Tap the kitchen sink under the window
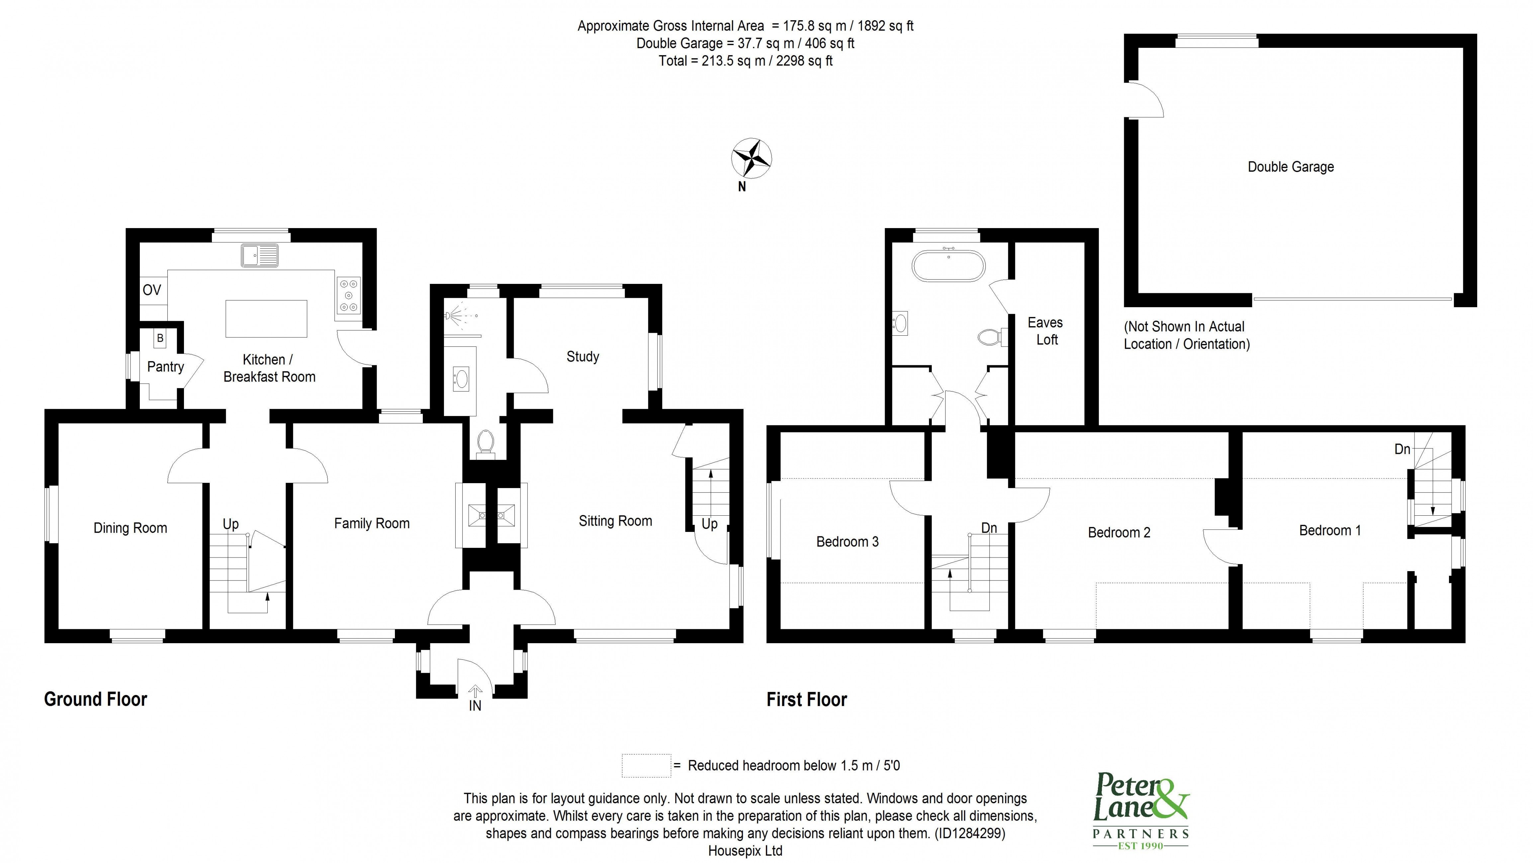click(x=259, y=255)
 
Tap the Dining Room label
click(x=130, y=528)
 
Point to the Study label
click(x=582, y=357)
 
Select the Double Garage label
click(x=1290, y=167)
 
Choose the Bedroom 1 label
click(x=1329, y=530)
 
